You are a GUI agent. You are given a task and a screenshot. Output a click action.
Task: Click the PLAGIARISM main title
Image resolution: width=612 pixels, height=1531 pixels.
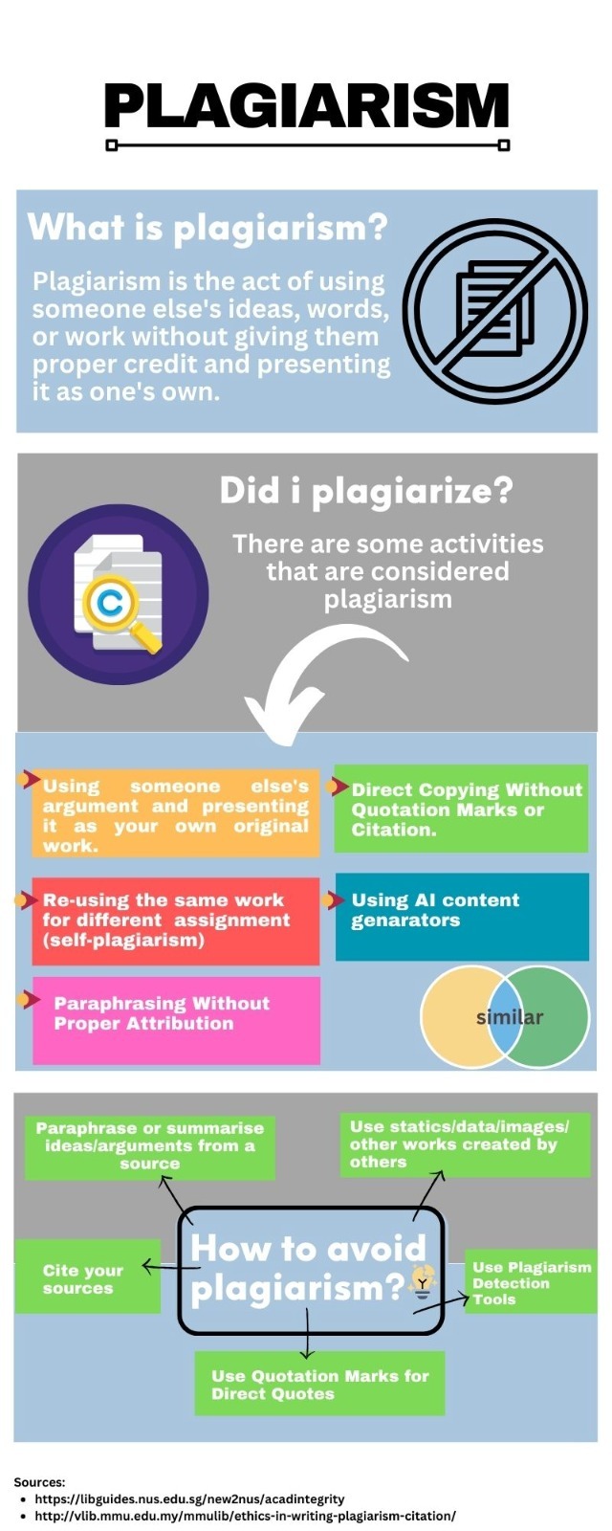point(307,105)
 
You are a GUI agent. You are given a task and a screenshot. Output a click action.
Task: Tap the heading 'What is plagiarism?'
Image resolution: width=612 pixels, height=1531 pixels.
point(208,228)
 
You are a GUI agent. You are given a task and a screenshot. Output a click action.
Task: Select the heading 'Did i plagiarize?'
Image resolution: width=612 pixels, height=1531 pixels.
point(366,491)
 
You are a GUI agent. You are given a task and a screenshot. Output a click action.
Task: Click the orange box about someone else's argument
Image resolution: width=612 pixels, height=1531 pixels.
point(176,813)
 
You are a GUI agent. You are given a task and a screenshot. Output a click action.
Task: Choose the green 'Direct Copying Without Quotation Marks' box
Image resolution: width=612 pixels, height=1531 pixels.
point(461,809)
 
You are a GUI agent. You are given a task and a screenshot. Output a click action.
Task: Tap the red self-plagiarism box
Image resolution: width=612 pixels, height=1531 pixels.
point(176,921)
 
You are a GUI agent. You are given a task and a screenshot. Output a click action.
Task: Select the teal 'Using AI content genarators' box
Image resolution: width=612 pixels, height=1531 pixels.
point(462,917)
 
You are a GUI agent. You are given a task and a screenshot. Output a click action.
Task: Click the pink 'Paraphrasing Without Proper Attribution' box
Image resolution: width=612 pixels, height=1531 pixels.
point(176,1020)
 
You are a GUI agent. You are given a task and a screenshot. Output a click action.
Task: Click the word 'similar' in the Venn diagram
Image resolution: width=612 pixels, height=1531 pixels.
point(510,1017)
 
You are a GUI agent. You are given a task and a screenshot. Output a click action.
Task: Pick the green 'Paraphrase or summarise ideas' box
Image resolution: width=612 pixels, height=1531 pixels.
point(150,1147)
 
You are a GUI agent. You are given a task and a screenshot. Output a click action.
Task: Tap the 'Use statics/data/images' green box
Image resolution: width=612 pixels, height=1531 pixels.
point(465,1144)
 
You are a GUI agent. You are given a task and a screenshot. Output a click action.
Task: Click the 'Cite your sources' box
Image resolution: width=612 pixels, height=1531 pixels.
point(87,1276)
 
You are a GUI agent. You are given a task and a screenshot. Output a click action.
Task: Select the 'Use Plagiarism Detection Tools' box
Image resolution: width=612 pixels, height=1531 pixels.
point(531,1282)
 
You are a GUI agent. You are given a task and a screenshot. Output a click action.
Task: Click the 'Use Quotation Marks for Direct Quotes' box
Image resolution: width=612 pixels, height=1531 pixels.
point(319,1384)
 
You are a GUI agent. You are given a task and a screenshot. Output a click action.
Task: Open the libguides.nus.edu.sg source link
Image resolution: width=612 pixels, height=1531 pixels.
point(190,1498)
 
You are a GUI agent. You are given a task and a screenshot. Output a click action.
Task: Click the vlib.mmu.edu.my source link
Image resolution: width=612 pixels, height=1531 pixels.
point(245,1516)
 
